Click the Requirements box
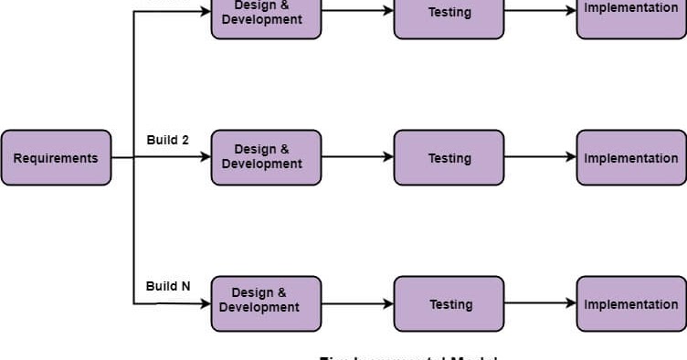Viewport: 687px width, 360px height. (56, 158)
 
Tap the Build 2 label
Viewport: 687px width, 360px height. (167, 140)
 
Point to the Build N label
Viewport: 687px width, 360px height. (168, 286)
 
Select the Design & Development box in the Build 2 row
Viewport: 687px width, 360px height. (266, 157)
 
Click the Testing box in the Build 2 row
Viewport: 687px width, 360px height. (449, 158)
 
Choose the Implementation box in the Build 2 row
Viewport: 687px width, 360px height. (631, 158)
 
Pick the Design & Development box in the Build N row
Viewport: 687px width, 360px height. (266, 303)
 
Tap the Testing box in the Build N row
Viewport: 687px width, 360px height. (449, 304)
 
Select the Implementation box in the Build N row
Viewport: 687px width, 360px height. (631, 304)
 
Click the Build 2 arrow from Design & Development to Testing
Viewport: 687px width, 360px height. (357, 157)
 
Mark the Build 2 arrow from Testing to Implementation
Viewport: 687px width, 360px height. (540, 157)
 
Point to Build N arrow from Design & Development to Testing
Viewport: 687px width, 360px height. (357, 303)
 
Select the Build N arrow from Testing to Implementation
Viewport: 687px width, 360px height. (540, 303)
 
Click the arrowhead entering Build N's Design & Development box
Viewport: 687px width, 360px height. (206, 303)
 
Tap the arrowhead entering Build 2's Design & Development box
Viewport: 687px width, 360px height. (206, 157)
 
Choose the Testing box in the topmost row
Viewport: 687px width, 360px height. (449, 14)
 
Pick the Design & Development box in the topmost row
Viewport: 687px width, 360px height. (266, 14)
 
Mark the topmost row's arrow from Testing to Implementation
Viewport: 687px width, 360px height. (540, 11)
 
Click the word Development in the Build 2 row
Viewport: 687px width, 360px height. (261, 164)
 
